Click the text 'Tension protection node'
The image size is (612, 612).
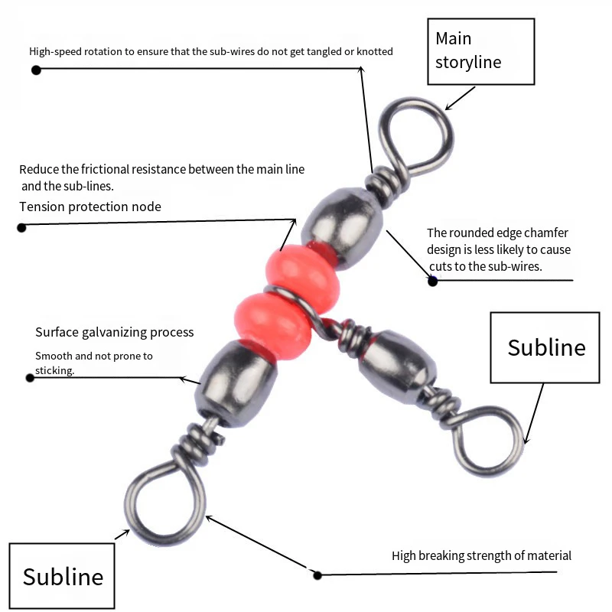(x=90, y=207)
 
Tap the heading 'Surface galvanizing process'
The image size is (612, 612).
(x=114, y=332)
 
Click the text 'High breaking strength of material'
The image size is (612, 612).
(x=481, y=555)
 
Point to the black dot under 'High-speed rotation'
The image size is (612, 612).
(x=36, y=70)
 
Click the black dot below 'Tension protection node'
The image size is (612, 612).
(x=21, y=227)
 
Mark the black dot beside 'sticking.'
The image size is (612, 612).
(x=30, y=378)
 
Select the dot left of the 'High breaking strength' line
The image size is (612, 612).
(x=317, y=575)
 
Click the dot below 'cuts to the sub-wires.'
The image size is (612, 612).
(x=432, y=281)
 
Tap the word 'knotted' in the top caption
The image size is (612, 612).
(x=374, y=51)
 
